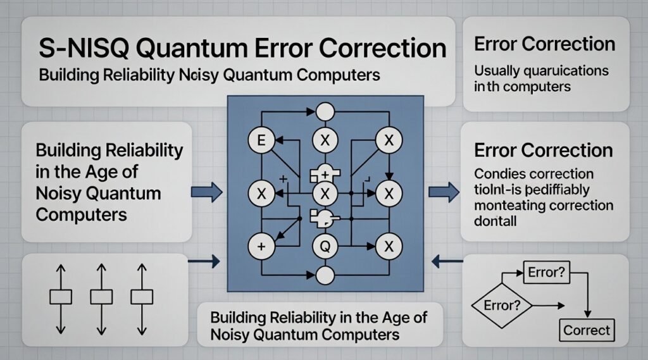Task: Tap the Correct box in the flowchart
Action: [x=587, y=330]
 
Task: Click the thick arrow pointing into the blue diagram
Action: [x=206, y=190]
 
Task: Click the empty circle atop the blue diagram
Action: [x=325, y=111]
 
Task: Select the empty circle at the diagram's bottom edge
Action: [x=325, y=275]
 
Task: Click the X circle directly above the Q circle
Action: [x=325, y=192]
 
